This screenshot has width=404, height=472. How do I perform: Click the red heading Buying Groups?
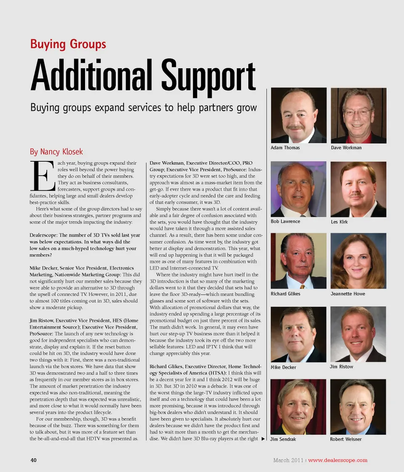click(x=68, y=44)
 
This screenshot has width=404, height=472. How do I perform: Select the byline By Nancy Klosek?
click(x=56, y=152)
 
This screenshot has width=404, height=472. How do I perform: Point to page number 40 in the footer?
click(x=33, y=460)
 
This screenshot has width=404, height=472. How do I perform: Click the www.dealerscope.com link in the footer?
click(x=338, y=460)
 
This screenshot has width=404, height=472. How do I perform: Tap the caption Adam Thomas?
click(x=285, y=148)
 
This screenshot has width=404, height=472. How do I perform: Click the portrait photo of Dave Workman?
click(x=358, y=115)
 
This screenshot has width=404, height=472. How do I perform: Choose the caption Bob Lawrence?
click(x=285, y=221)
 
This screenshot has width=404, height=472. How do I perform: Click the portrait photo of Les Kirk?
click(x=358, y=189)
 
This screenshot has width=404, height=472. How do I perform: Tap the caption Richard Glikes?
click(x=285, y=294)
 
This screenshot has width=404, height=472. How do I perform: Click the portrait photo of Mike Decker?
click(x=298, y=334)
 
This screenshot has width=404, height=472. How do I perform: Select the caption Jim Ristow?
click(x=341, y=367)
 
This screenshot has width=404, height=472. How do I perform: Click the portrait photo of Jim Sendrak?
click(x=298, y=407)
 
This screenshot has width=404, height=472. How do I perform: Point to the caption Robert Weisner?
click(x=346, y=439)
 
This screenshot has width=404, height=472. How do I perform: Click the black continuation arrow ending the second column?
click(x=263, y=439)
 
